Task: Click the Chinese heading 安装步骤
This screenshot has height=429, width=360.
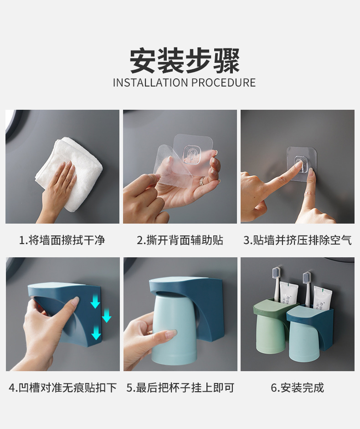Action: point(185,60)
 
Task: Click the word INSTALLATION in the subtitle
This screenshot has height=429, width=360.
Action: point(150,83)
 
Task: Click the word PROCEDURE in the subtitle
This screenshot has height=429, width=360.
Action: point(223,83)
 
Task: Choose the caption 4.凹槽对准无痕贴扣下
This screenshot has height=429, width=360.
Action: point(62,388)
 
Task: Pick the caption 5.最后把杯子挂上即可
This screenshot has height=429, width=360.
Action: point(180,388)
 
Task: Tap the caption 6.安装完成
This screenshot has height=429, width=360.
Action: point(297,388)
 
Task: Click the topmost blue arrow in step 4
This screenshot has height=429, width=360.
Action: point(95,301)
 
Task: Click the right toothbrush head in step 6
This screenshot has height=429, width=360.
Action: point(307,278)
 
